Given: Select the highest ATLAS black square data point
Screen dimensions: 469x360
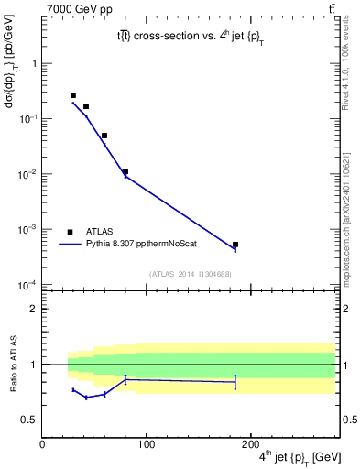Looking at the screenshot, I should [73, 95].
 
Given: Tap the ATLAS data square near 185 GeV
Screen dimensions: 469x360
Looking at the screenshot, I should [235, 245].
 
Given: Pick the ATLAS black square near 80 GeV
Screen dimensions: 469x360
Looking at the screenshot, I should [125, 171].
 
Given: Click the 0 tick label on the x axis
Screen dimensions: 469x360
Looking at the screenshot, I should [42, 444].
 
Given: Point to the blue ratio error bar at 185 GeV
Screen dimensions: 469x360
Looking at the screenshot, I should [235, 382].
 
